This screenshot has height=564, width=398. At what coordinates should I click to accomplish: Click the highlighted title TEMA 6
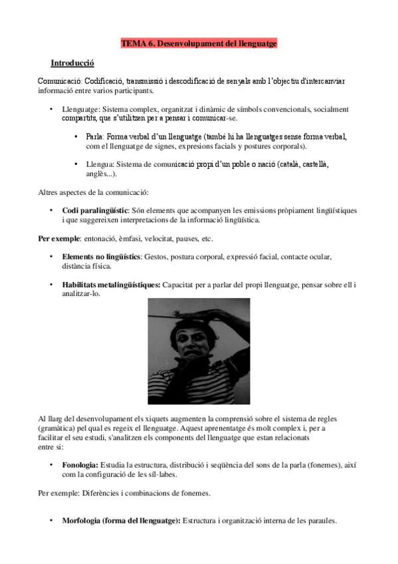click(x=199, y=43)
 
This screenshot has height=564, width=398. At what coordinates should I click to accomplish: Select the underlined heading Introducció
click(x=72, y=63)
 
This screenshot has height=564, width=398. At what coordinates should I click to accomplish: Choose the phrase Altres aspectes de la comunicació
click(x=92, y=192)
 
